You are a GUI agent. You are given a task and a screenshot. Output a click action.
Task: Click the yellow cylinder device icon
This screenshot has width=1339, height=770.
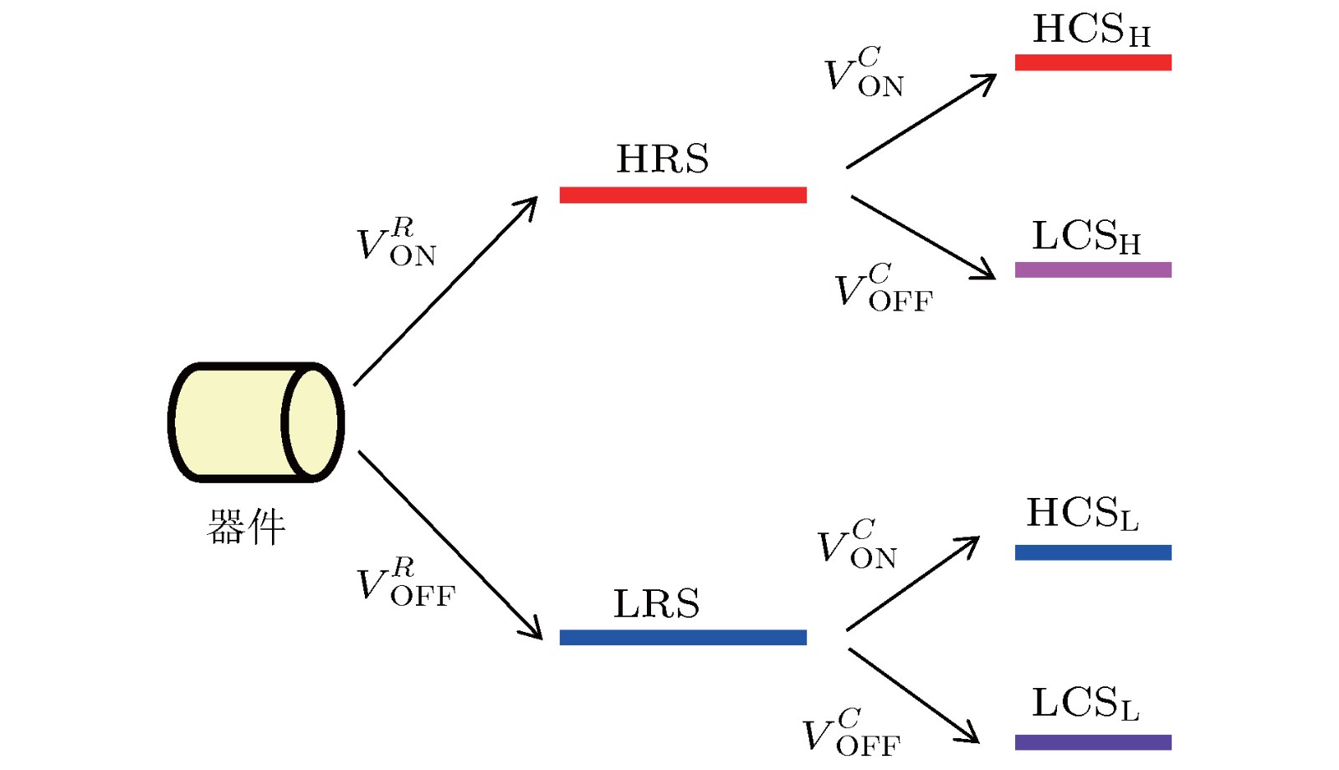point(255,423)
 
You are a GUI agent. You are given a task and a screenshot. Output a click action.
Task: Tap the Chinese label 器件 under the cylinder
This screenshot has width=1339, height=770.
point(246,527)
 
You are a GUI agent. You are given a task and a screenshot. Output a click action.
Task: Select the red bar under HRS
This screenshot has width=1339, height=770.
point(682,195)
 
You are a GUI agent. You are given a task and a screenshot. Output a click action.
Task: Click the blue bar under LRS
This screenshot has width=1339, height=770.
point(682,638)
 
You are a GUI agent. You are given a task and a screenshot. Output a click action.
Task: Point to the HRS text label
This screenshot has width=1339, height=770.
point(662,159)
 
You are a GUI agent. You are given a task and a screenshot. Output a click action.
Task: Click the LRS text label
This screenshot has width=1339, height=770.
point(656,604)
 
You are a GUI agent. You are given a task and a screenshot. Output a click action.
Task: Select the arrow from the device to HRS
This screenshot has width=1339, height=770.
point(446,291)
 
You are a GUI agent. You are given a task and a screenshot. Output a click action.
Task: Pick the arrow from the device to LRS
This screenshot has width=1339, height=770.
point(450,545)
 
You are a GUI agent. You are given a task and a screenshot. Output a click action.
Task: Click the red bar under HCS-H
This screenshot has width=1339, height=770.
point(1092,62)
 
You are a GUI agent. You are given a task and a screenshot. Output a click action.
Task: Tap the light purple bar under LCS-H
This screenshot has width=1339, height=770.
point(1092,269)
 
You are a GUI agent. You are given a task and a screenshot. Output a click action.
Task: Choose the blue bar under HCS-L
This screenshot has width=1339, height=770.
point(1092,552)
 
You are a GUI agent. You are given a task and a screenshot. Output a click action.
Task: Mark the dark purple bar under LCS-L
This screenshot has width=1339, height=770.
point(1092,742)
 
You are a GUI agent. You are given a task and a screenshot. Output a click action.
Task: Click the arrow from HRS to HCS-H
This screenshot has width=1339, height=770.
point(921,121)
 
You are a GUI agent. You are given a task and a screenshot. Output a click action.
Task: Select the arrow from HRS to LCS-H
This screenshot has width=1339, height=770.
point(922,237)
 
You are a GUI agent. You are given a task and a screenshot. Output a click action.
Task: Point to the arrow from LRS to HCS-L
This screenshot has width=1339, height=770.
point(912,583)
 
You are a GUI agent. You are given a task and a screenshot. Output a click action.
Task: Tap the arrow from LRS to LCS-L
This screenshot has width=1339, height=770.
point(913,696)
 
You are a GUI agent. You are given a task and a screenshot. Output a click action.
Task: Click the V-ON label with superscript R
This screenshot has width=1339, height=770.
point(396,243)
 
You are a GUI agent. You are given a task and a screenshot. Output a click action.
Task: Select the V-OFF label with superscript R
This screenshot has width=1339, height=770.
point(405,583)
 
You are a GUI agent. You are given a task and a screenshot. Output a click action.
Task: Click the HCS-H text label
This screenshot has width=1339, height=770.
point(1091,31)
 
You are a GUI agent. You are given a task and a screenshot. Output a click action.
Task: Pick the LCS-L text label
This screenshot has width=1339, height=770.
point(1085,704)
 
